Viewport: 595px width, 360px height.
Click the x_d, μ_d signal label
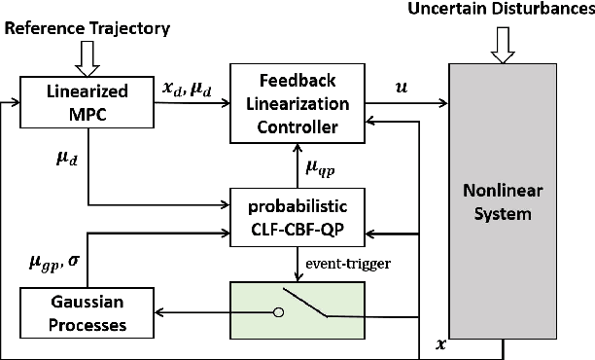182,89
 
